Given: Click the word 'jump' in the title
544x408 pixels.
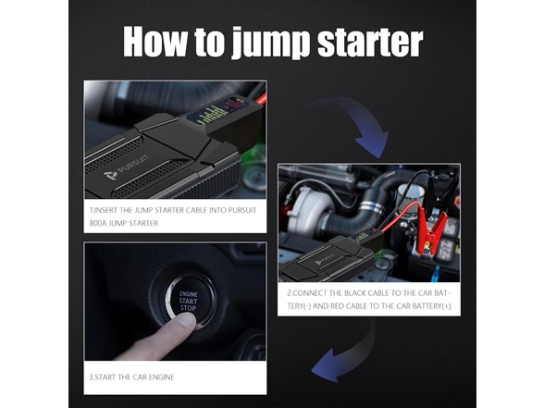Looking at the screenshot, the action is (x=270, y=43).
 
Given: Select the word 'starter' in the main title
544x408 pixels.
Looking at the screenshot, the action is (x=370, y=43).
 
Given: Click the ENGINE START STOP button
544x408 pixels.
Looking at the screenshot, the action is (x=189, y=301).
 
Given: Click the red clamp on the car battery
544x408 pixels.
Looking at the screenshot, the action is (x=430, y=229).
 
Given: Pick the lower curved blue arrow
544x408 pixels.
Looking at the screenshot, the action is (x=351, y=357).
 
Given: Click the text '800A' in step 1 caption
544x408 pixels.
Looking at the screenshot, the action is (x=98, y=223).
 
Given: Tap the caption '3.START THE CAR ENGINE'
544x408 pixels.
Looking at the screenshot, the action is (x=131, y=377).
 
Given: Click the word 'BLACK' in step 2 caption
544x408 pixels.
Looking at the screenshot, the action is (x=355, y=293).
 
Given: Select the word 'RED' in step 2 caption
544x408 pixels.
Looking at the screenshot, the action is (x=337, y=306).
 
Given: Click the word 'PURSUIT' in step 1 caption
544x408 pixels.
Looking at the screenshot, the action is (x=242, y=210).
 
